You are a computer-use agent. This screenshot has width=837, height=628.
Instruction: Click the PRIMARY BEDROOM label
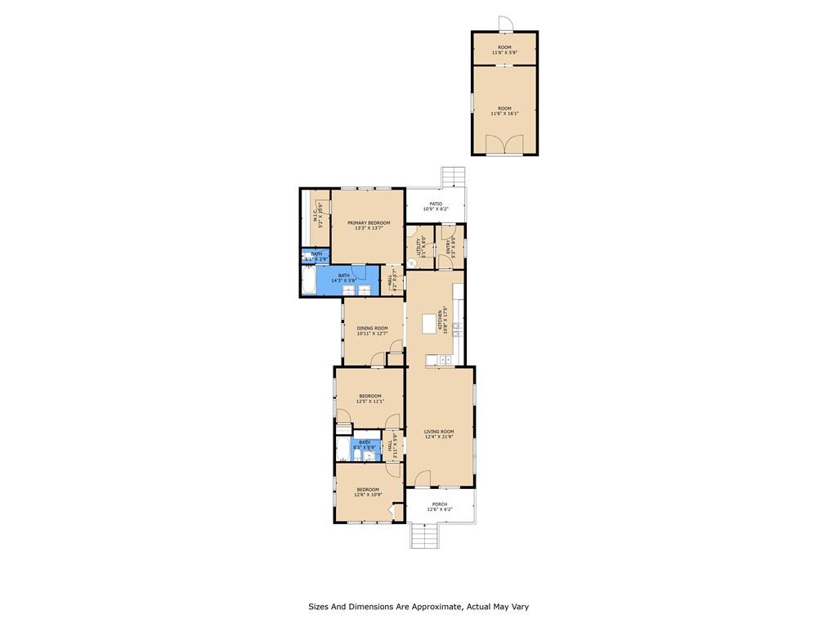click(x=368, y=223)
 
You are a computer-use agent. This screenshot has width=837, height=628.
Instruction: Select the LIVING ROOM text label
click(x=439, y=431)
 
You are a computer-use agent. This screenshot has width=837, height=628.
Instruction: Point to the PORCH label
click(x=439, y=504)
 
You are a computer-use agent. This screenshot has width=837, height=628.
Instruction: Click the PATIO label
click(x=436, y=204)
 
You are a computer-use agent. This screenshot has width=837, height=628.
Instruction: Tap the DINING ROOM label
click(x=372, y=328)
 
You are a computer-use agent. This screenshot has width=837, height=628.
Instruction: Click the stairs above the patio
click(x=452, y=177)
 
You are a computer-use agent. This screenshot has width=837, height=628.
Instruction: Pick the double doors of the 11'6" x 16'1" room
click(x=504, y=145)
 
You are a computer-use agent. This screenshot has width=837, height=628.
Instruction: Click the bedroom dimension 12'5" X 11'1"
click(x=369, y=401)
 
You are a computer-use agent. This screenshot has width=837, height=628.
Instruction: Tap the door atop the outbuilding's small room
click(x=505, y=25)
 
